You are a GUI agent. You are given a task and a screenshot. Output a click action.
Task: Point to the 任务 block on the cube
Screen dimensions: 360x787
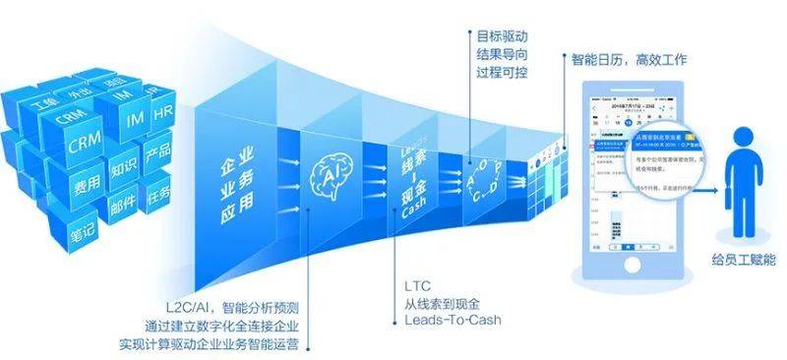(157, 192)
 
